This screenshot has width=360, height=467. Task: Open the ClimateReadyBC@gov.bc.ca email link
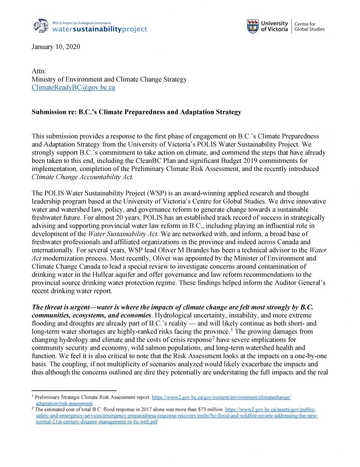click(73, 88)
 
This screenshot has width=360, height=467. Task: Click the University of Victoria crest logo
click(253, 26)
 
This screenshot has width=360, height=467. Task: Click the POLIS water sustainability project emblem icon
click(42, 26)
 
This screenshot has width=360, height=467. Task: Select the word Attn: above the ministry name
click(39, 71)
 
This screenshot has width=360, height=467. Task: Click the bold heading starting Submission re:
click(136, 112)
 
